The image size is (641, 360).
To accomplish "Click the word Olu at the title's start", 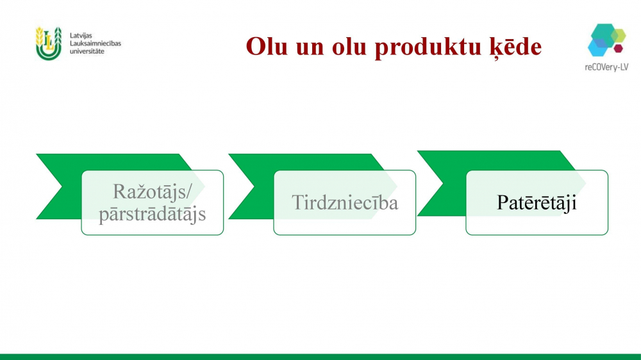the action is [x=267, y=46].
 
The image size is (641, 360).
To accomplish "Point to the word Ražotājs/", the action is [x=152, y=192].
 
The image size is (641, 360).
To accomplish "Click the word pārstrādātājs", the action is [x=152, y=213].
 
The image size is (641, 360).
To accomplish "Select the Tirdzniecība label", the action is [x=345, y=202].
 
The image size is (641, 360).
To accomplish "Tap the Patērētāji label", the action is [x=537, y=202].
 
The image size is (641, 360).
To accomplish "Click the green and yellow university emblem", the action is [x=48, y=44].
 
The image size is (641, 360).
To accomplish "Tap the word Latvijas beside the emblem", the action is [x=81, y=35].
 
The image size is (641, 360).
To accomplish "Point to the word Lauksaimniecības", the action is [x=96, y=44].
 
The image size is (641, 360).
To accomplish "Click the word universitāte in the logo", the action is [x=87, y=51].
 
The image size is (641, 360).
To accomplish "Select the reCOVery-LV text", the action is [x=606, y=67].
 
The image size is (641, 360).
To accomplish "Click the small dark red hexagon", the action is [x=618, y=48].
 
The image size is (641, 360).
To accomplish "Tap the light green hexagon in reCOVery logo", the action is [x=619, y=35].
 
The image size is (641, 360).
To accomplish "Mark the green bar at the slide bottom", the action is [x=320, y=357].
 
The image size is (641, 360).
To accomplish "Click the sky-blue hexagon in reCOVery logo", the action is [x=597, y=47].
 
